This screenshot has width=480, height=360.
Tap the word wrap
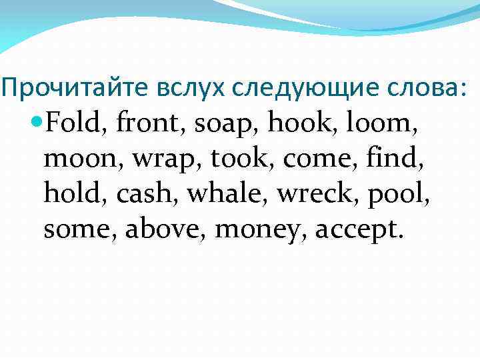pos(163,159)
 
